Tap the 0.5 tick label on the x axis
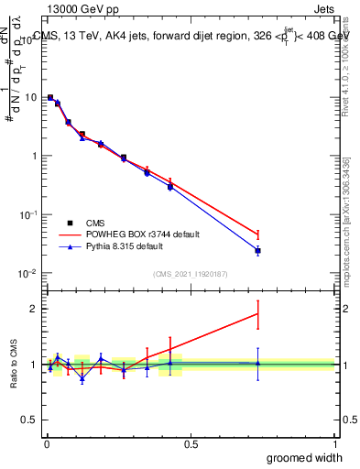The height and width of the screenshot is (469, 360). click(191, 442)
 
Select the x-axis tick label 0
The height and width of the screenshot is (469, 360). click(47, 442)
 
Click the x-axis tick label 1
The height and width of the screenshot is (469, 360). click(334, 442)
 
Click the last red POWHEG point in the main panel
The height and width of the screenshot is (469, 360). click(257, 234)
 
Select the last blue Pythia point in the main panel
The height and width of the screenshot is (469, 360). click(257, 250)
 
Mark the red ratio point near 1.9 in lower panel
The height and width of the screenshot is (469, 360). click(257, 314)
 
